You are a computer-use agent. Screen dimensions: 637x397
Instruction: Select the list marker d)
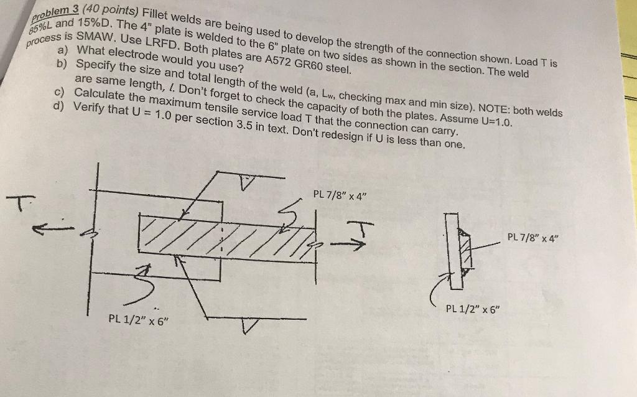click(60, 105)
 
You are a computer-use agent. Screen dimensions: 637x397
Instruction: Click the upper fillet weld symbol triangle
click(248, 184)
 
